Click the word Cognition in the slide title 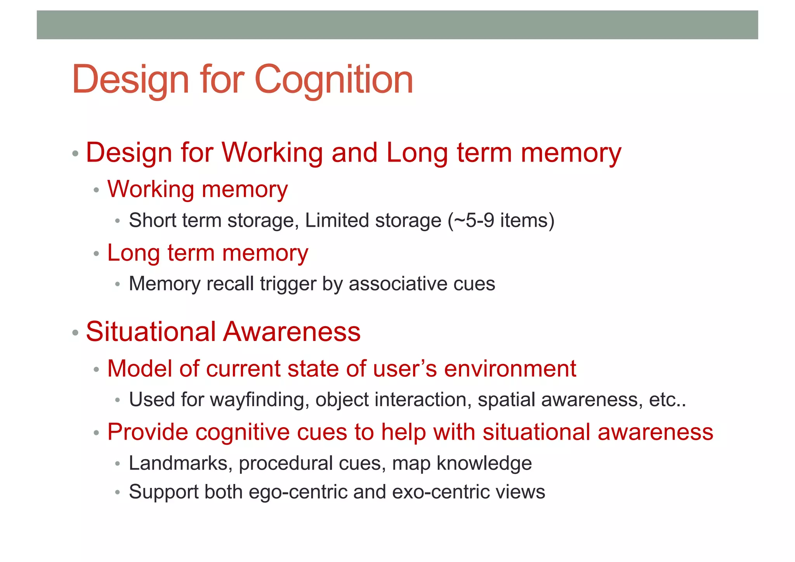333,80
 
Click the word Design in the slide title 130,80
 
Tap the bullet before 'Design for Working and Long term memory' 75,153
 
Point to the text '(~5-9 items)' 501,221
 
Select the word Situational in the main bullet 151,332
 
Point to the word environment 510,369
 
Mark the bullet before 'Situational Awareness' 75,333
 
